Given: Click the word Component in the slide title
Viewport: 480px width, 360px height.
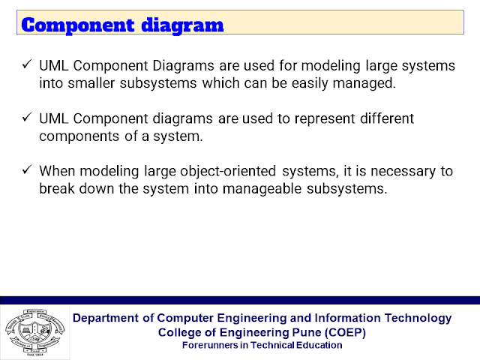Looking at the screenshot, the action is point(78,25).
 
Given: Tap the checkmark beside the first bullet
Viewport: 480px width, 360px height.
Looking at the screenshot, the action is point(27,64).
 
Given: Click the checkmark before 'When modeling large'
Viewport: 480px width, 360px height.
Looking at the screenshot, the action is point(27,169).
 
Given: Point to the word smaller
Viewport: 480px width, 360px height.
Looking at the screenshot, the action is point(91,83).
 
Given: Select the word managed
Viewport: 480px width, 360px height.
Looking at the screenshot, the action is point(364,84).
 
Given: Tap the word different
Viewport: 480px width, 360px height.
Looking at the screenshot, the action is point(387,118).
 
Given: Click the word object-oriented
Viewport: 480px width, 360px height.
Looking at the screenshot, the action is point(228,172).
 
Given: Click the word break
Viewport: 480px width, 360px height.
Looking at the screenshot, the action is point(57,188).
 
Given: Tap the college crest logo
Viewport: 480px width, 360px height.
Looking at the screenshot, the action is point(35,332).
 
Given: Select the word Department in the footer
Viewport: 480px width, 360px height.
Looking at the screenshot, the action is point(106,318).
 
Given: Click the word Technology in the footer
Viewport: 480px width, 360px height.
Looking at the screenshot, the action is point(418,318).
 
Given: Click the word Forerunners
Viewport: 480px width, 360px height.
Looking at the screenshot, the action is point(211,345).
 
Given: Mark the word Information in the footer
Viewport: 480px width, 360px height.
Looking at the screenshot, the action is point(347,318).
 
